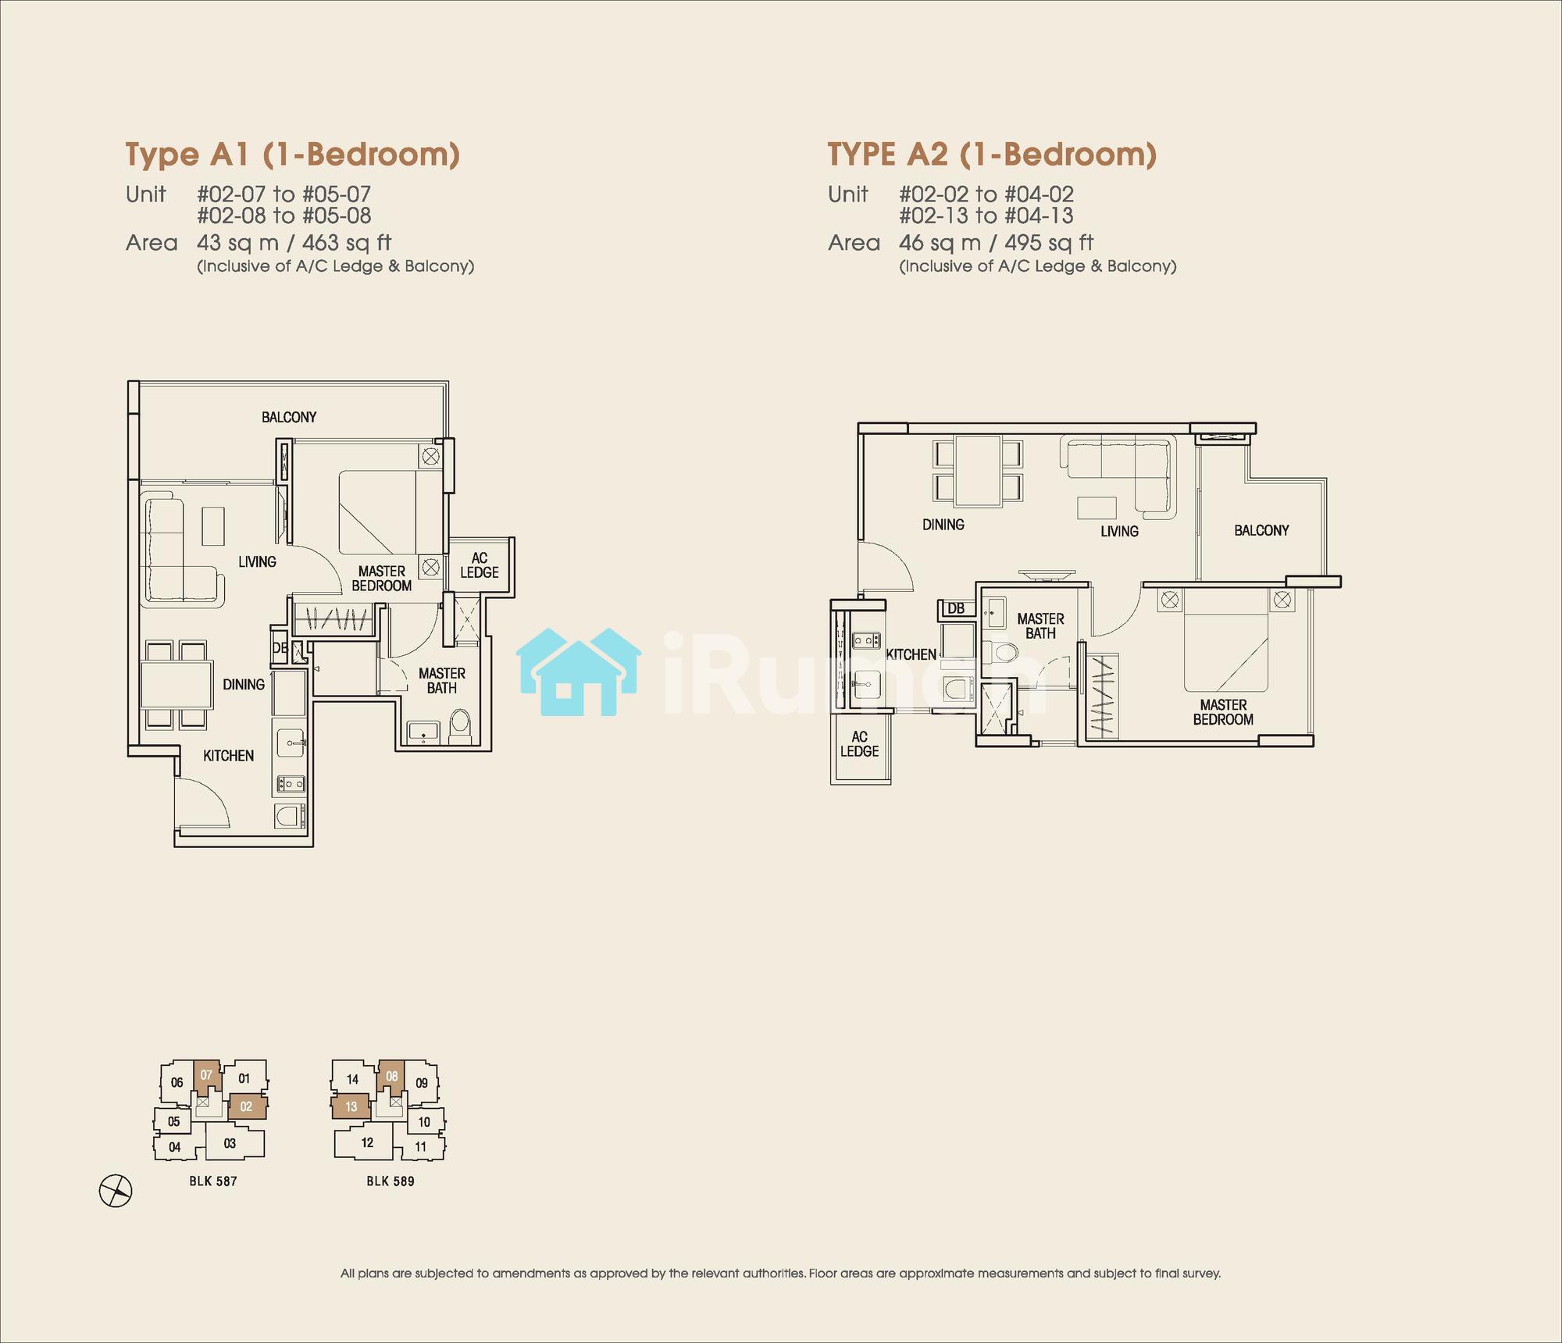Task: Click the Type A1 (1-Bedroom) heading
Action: pos(293,155)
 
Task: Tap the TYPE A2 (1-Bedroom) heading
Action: pos(992,155)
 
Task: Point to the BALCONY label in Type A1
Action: pos(289,417)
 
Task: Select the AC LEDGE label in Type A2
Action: pos(859,743)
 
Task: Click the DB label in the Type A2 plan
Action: pos(955,608)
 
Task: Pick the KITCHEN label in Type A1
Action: pos(228,755)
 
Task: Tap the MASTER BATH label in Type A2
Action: pos(1040,626)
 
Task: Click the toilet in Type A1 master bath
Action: pos(461,725)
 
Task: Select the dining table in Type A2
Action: pos(978,472)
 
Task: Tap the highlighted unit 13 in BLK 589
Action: pos(351,1106)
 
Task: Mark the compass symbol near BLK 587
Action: pos(116,1192)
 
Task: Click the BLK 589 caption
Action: pos(390,1181)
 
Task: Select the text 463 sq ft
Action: pos(347,243)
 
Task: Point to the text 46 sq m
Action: pos(940,243)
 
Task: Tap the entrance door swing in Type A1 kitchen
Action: pos(200,804)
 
